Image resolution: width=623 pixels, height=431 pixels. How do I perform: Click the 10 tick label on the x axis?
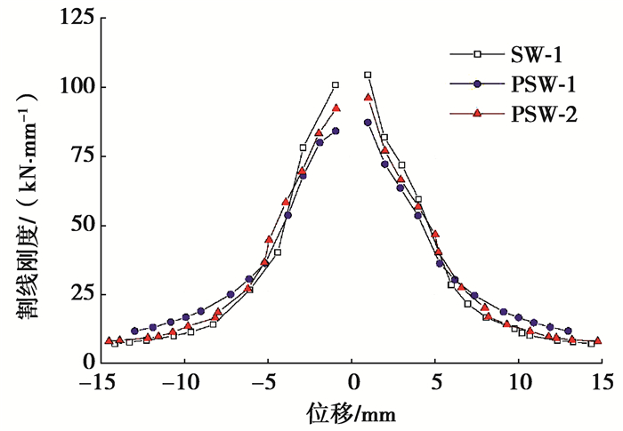coord(518,383)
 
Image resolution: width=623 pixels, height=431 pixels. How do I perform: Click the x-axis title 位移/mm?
coord(352,412)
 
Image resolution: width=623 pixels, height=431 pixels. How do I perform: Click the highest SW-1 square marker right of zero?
coord(368,76)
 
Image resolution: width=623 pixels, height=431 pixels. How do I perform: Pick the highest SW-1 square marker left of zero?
coord(336,85)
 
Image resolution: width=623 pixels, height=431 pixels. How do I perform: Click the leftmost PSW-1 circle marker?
coord(134,331)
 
